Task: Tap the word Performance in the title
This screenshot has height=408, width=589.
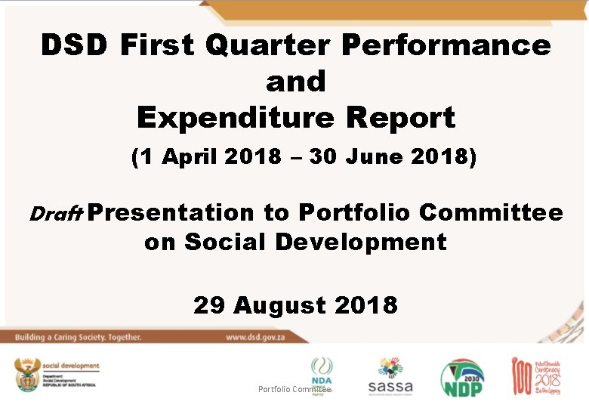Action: [x=446, y=45]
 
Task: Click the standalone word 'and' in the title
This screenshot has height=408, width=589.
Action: [x=295, y=82]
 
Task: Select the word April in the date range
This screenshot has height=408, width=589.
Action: [x=188, y=158]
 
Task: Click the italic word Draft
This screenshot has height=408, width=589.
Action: [x=54, y=214]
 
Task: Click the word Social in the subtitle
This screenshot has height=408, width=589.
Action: [x=227, y=242]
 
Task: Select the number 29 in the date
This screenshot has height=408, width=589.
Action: [x=210, y=305]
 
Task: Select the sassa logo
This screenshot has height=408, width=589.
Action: [x=390, y=376]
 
